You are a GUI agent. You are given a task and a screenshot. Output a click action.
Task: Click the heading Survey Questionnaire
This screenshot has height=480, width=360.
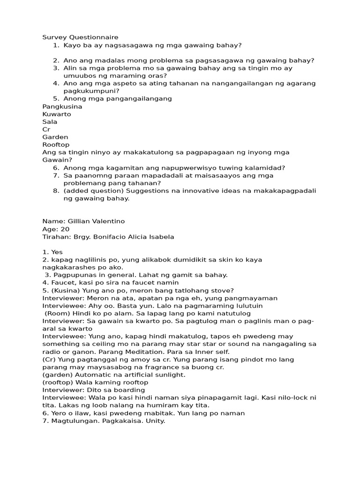(x=80, y=37)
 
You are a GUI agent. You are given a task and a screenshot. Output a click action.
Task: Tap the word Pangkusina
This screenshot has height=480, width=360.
(x=62, y=106)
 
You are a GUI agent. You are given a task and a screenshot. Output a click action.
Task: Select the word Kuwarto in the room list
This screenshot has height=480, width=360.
(x=57, y=114)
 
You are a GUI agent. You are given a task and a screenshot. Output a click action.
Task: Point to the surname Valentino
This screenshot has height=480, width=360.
(x=108, y=221)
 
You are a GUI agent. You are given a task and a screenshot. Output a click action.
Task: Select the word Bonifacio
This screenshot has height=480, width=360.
(x=113, y=237)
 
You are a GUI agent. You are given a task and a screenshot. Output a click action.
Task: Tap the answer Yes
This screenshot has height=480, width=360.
(x=57, y=252)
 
